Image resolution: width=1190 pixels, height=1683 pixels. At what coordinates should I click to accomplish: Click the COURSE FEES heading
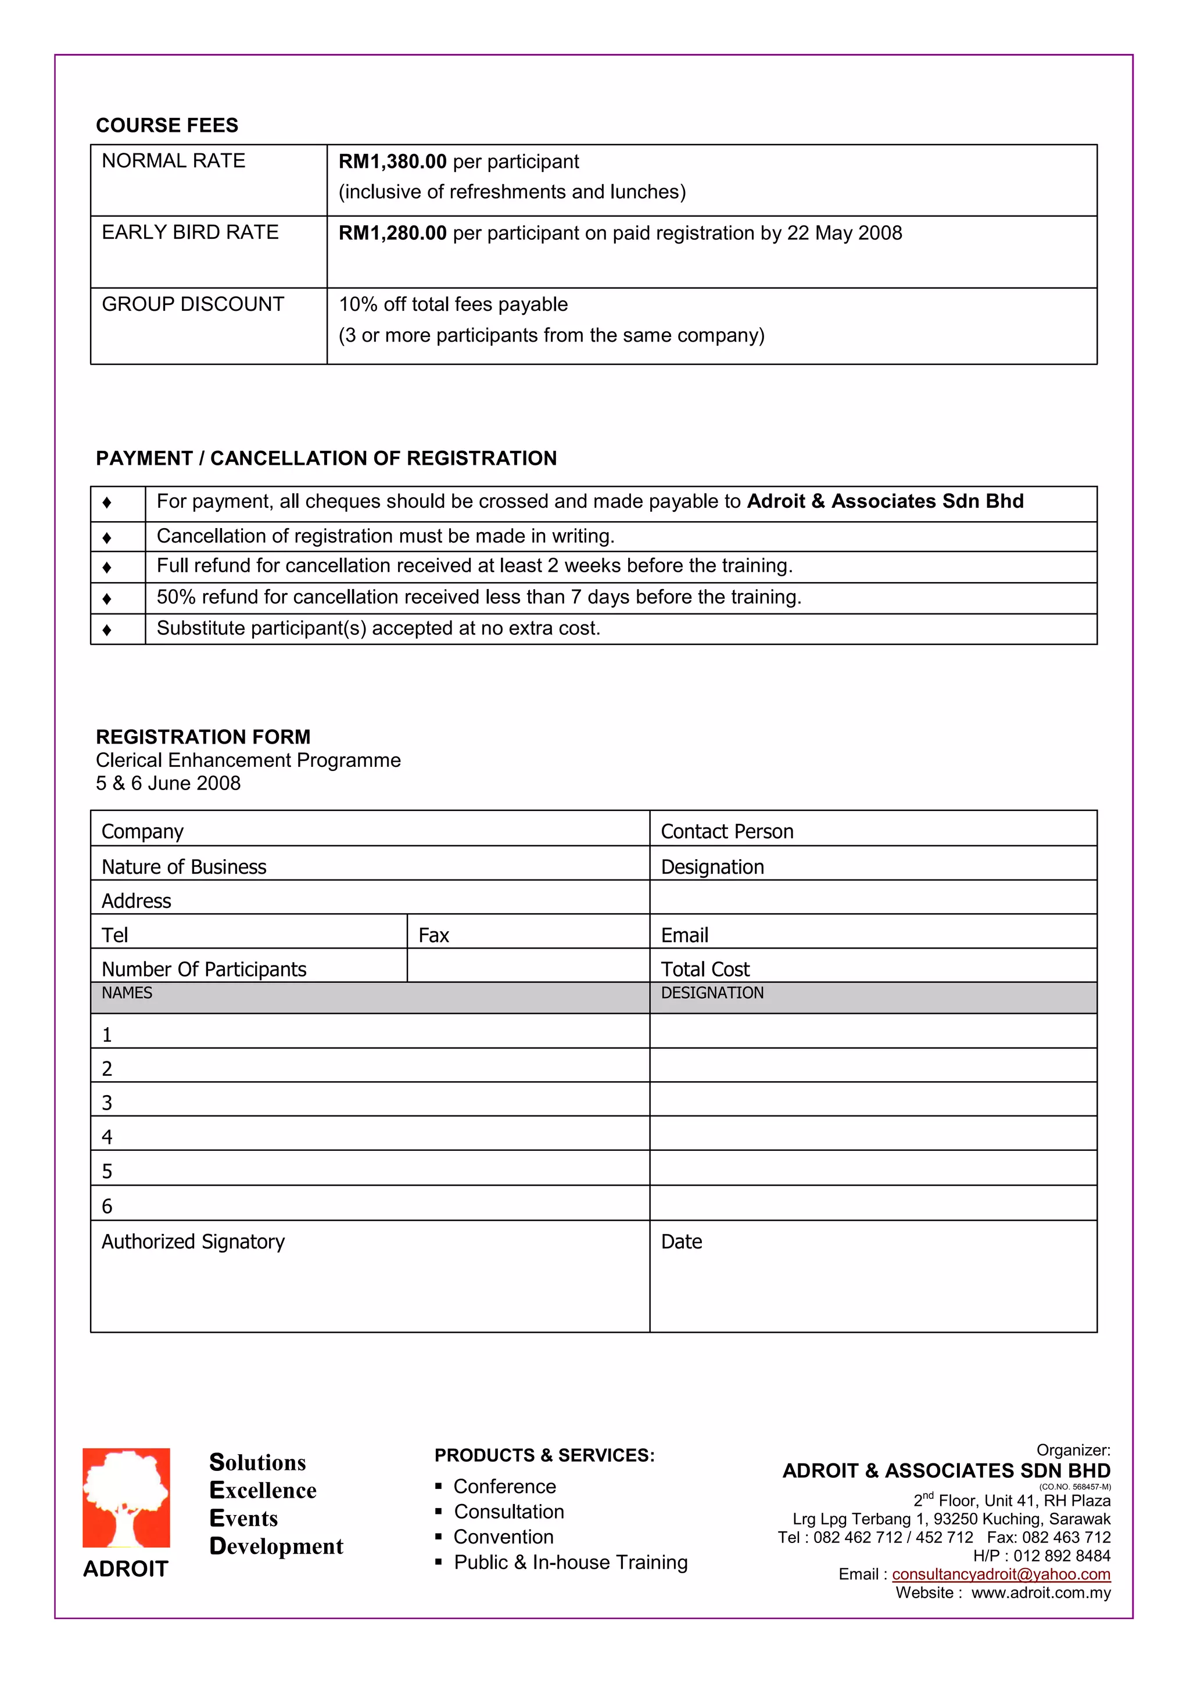click(167, 125)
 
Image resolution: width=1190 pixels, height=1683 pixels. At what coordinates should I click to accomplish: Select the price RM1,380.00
click(392, 162)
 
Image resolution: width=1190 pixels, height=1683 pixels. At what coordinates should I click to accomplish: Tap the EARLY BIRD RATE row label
click(190, 232)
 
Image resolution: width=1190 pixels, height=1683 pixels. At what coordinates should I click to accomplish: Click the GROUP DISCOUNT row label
click(193, 304)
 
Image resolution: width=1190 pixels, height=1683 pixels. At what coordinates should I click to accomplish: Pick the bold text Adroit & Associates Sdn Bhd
click(885, 501)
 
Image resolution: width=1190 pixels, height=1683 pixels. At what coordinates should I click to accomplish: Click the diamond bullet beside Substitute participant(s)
click(107, 630)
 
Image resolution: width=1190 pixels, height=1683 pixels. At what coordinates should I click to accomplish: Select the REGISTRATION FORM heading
click(203, 737)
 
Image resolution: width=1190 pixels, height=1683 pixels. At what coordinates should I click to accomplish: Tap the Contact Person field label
click(727, 831)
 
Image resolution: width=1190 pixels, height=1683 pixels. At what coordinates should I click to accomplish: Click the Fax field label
click(433, 935)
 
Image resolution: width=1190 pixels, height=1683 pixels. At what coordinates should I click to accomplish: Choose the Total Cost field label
click(705, 969)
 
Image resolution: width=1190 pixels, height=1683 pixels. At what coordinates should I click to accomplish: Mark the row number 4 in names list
click(107, 1137)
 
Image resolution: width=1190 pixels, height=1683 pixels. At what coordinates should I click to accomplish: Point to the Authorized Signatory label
click(193, 1241)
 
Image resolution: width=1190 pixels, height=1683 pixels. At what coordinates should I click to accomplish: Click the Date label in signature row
click(681, 1241)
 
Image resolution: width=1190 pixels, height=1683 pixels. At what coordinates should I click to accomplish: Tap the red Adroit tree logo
click(126, 1498)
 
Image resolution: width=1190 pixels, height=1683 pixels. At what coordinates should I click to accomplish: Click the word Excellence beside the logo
click(263, 1490)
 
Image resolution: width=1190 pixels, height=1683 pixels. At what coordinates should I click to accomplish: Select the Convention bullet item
click(503, 1537)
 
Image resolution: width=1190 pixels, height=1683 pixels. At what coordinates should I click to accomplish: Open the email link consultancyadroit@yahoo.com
click(1000, 1574)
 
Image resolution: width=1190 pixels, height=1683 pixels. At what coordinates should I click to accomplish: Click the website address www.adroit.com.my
click(1041, 1593)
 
